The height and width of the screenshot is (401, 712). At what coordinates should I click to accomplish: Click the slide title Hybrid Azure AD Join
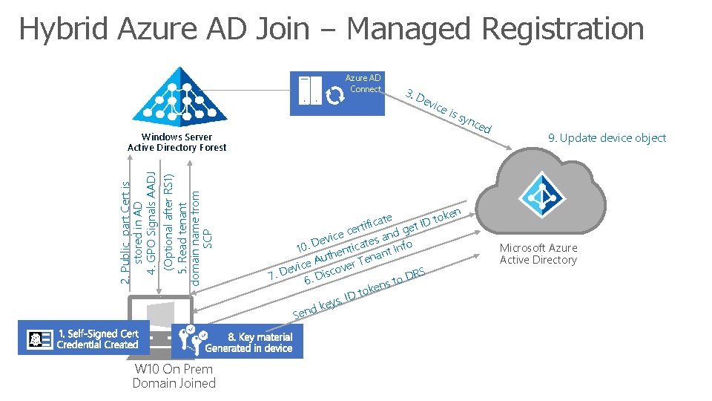pyautogui.click(x=331, y=29)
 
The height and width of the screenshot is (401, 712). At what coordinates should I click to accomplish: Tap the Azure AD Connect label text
pyautogui.click(x=363, y=83)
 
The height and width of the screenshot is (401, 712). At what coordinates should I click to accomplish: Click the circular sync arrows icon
pyautogui.click(x=334, y=94)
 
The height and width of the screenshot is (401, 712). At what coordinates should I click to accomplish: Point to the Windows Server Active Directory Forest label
pyautogui.click(x=177, y=142)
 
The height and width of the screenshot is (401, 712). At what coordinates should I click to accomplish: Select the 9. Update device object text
pyautogui.click(x=607, y=137)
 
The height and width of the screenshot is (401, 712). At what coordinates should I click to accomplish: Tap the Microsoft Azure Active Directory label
pyautogui.click(x=538, y=253)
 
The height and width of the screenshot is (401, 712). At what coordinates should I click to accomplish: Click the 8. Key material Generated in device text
pyautogui.click(x=248, y=342)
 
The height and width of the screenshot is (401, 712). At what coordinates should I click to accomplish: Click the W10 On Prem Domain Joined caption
pyautogui.click(x=174, y=376)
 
